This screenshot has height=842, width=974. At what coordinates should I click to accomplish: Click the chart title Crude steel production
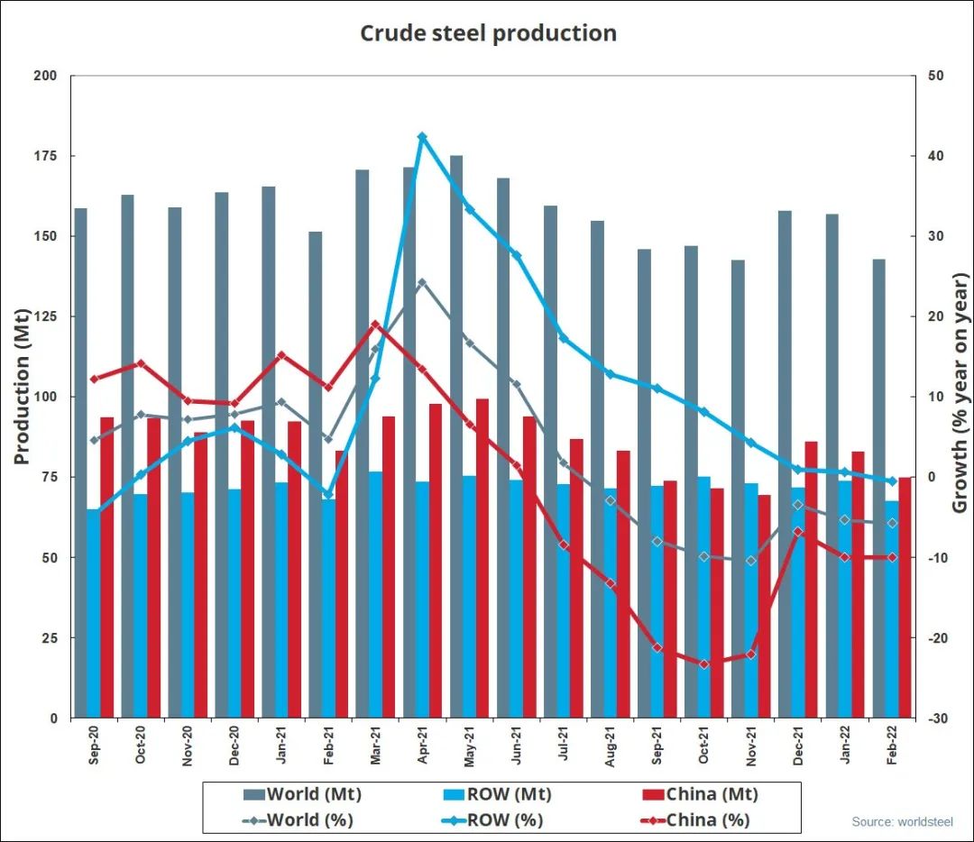488,33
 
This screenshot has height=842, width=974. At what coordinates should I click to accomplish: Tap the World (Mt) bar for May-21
456,433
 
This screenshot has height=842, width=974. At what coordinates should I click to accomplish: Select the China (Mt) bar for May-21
482,559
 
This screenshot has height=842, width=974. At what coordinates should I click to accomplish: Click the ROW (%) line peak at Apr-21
422,136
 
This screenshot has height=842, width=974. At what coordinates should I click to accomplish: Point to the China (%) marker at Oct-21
704,664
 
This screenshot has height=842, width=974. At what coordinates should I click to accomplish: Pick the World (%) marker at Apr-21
422,282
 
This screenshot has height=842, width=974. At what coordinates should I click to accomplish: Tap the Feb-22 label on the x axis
893,746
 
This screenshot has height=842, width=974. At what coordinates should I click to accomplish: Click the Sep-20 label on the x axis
94,746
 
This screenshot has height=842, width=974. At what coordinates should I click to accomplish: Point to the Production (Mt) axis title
22,388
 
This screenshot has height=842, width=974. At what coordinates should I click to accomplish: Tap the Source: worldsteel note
902,822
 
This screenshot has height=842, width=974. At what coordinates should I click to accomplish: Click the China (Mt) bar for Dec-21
811,579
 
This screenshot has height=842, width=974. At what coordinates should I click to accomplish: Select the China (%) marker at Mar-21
375,324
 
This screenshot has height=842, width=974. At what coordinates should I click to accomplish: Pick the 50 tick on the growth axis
935,76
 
